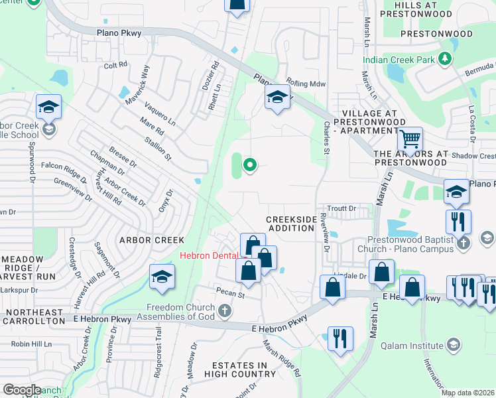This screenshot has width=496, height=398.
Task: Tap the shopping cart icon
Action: pos(410,139)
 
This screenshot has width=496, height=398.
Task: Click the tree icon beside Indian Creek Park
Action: pos(446,59)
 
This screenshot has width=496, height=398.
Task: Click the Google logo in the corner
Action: pos(21,390)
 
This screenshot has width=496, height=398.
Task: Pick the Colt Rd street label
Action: pos(115,66)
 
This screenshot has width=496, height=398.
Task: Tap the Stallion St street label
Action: pos(158,149)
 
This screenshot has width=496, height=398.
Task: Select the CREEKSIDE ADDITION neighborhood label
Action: pos(290,224)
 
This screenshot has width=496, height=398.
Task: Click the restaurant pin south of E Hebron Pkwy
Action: pos(340,339)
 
